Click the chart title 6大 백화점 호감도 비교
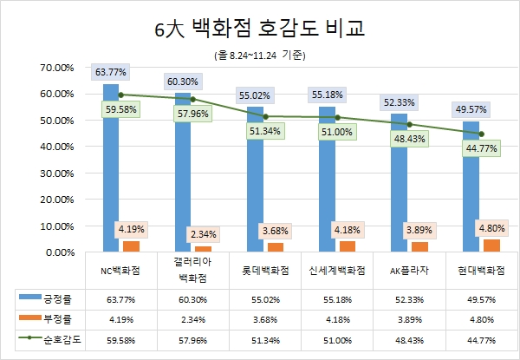[260, 28]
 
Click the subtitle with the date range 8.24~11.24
[260, 55]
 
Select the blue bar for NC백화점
[111, 173]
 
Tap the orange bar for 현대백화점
[491, 245]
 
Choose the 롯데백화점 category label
[265, 271]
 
